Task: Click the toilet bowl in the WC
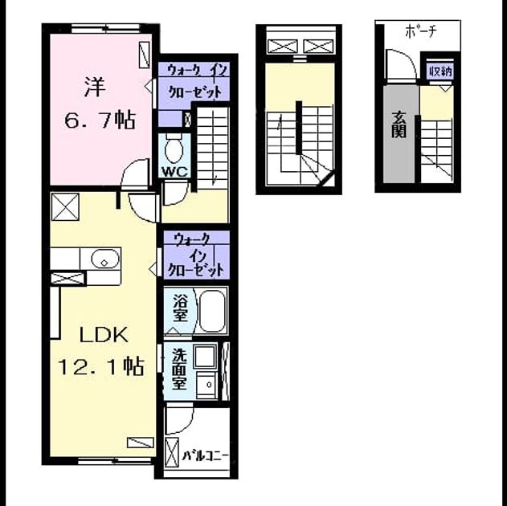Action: tap(174, 149)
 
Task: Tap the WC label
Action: tap(174, 172)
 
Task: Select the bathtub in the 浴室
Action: tap(212, 311)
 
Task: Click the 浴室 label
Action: tap(180, 308)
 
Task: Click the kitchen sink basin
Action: tap(105, 259)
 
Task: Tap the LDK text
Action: tap(104, 336)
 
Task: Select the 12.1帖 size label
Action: tap(100, 367)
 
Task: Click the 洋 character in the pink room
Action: tap(95, 87)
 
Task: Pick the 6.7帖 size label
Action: tap(100, 120)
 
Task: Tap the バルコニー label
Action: tap(206, 456)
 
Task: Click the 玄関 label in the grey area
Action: tap(399, 124)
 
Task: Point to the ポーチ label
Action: tap(420, 31)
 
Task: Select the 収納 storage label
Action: tap(440, 71)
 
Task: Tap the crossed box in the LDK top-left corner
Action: tap(65, 206)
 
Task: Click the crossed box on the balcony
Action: tap(172, 453)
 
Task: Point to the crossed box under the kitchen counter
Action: tap(68, 279)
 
